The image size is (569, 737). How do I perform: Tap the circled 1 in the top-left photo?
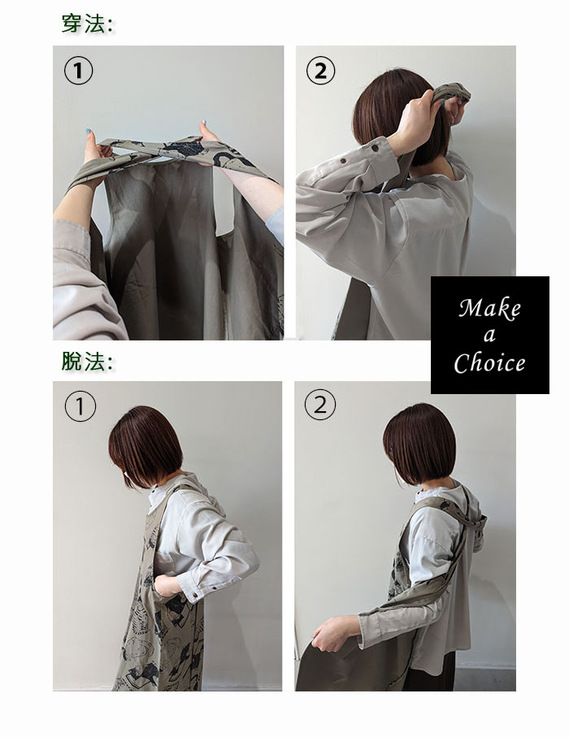click(x=78, y=71)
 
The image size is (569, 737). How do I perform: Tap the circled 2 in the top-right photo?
click(x=321, y=71)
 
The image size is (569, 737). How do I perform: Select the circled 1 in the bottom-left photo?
click(x=80, y=406)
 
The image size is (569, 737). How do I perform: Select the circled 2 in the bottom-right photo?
click(x=320, y=404)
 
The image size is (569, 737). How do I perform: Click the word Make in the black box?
click(x=489, y=308)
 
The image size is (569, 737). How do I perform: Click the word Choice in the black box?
click(x=489, y=362)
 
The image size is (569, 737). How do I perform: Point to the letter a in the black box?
click(x=489, y=335)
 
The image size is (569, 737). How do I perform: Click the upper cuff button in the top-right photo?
click(x=375, y=148)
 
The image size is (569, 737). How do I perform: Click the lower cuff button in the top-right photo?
click(x=343, y=161)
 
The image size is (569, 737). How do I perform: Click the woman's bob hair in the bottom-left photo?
click(x=145, y=447)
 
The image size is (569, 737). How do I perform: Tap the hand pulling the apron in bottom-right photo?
click(x=332, y=632)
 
